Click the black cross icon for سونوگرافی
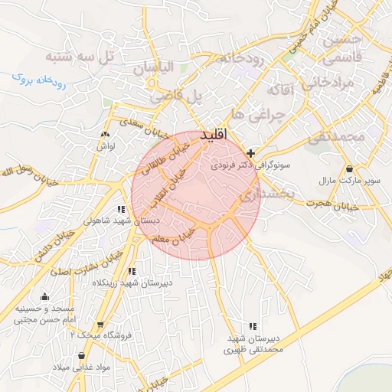point(251,153)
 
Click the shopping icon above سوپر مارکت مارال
point(349,169)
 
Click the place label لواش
point(105,146)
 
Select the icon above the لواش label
point(104,136)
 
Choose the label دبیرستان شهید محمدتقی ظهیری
point(253,344)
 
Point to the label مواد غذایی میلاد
point(81,367)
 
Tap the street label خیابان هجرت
point(332,205)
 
